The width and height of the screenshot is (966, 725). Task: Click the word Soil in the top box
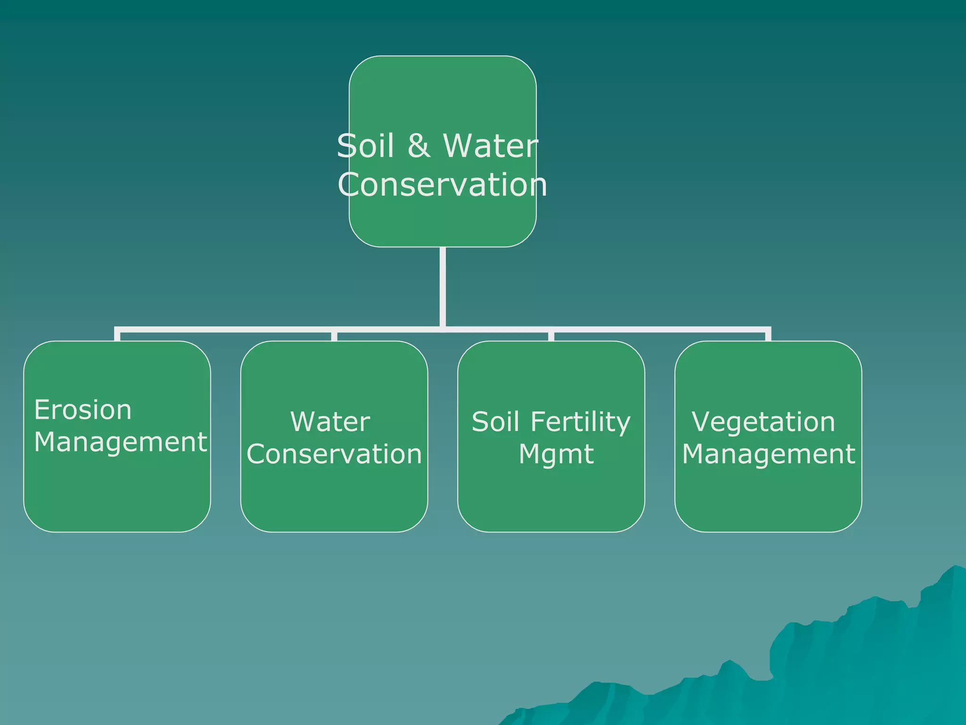365,146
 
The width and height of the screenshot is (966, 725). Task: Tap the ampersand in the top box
419,146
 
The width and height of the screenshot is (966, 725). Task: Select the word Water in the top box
491,146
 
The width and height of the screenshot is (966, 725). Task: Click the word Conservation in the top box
442,185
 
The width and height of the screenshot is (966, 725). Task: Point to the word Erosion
83,410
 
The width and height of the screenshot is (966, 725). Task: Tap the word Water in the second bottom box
330,422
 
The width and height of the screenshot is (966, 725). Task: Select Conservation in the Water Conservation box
334,454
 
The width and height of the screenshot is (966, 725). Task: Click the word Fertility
581,422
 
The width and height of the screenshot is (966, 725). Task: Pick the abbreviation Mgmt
556,454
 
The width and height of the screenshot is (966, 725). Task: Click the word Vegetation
764,422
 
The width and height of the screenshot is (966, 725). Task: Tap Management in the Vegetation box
768,454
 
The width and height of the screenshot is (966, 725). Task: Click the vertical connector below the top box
442,286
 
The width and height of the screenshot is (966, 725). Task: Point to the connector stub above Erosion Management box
117,335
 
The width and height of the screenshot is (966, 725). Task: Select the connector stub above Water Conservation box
334,336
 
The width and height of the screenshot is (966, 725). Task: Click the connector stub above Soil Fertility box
551,336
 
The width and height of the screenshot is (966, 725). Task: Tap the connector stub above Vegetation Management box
768,335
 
